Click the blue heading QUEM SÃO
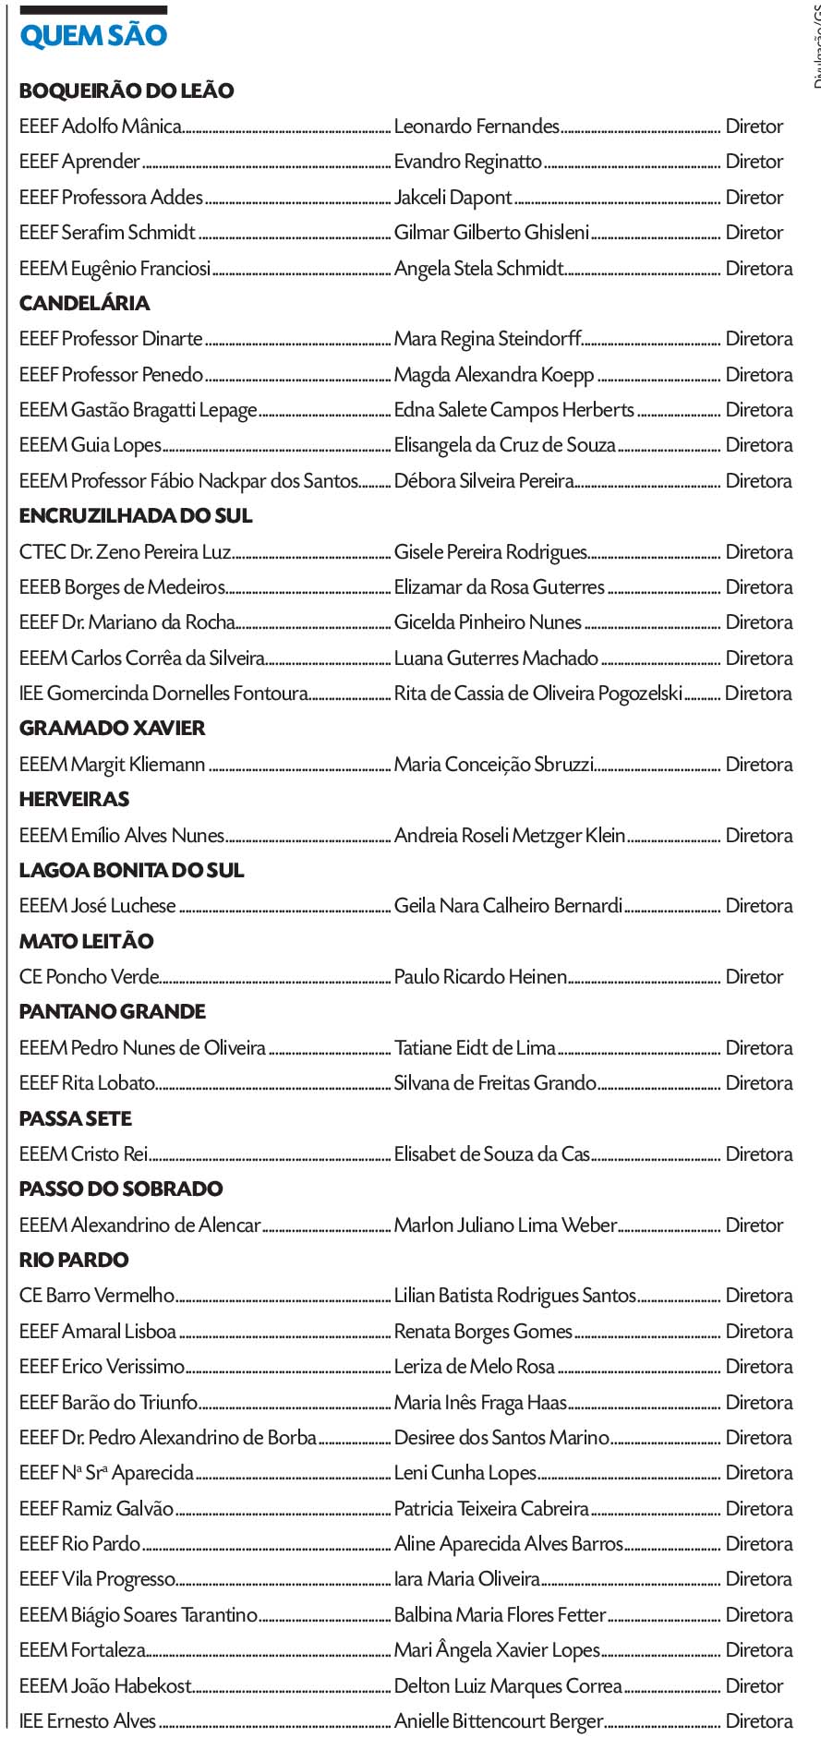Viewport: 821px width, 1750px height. point(93,37)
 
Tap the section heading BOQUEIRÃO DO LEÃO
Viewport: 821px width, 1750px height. point(127,91)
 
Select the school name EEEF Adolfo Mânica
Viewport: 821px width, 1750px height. point(101,127)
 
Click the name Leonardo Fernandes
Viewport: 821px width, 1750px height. point(477,127)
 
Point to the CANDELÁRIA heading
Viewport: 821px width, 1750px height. point(84,303)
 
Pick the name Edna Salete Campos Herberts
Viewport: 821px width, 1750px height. point(514,410)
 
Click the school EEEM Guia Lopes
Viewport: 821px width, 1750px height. point(91,445)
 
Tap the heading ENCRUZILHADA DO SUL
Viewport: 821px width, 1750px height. point(136,515)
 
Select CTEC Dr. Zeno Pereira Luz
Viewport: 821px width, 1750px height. point(125,552)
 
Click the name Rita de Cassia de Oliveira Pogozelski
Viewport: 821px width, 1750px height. point(538,694)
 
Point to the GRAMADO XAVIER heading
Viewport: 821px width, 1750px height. point(112,728)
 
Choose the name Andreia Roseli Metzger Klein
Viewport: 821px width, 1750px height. point(510,836)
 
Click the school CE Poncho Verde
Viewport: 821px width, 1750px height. point(90,977)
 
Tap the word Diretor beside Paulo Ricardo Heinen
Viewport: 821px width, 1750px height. point(755,977)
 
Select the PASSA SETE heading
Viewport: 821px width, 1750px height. point(76,1118)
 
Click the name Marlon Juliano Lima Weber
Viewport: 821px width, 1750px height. point(505,1225)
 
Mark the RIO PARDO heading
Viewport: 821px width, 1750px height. point(74,1260)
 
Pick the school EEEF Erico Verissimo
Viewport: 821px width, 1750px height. point(103,1367)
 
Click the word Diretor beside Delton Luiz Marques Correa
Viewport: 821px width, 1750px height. point(755,1686)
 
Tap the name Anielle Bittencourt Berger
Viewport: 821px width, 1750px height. point(499,1721)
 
